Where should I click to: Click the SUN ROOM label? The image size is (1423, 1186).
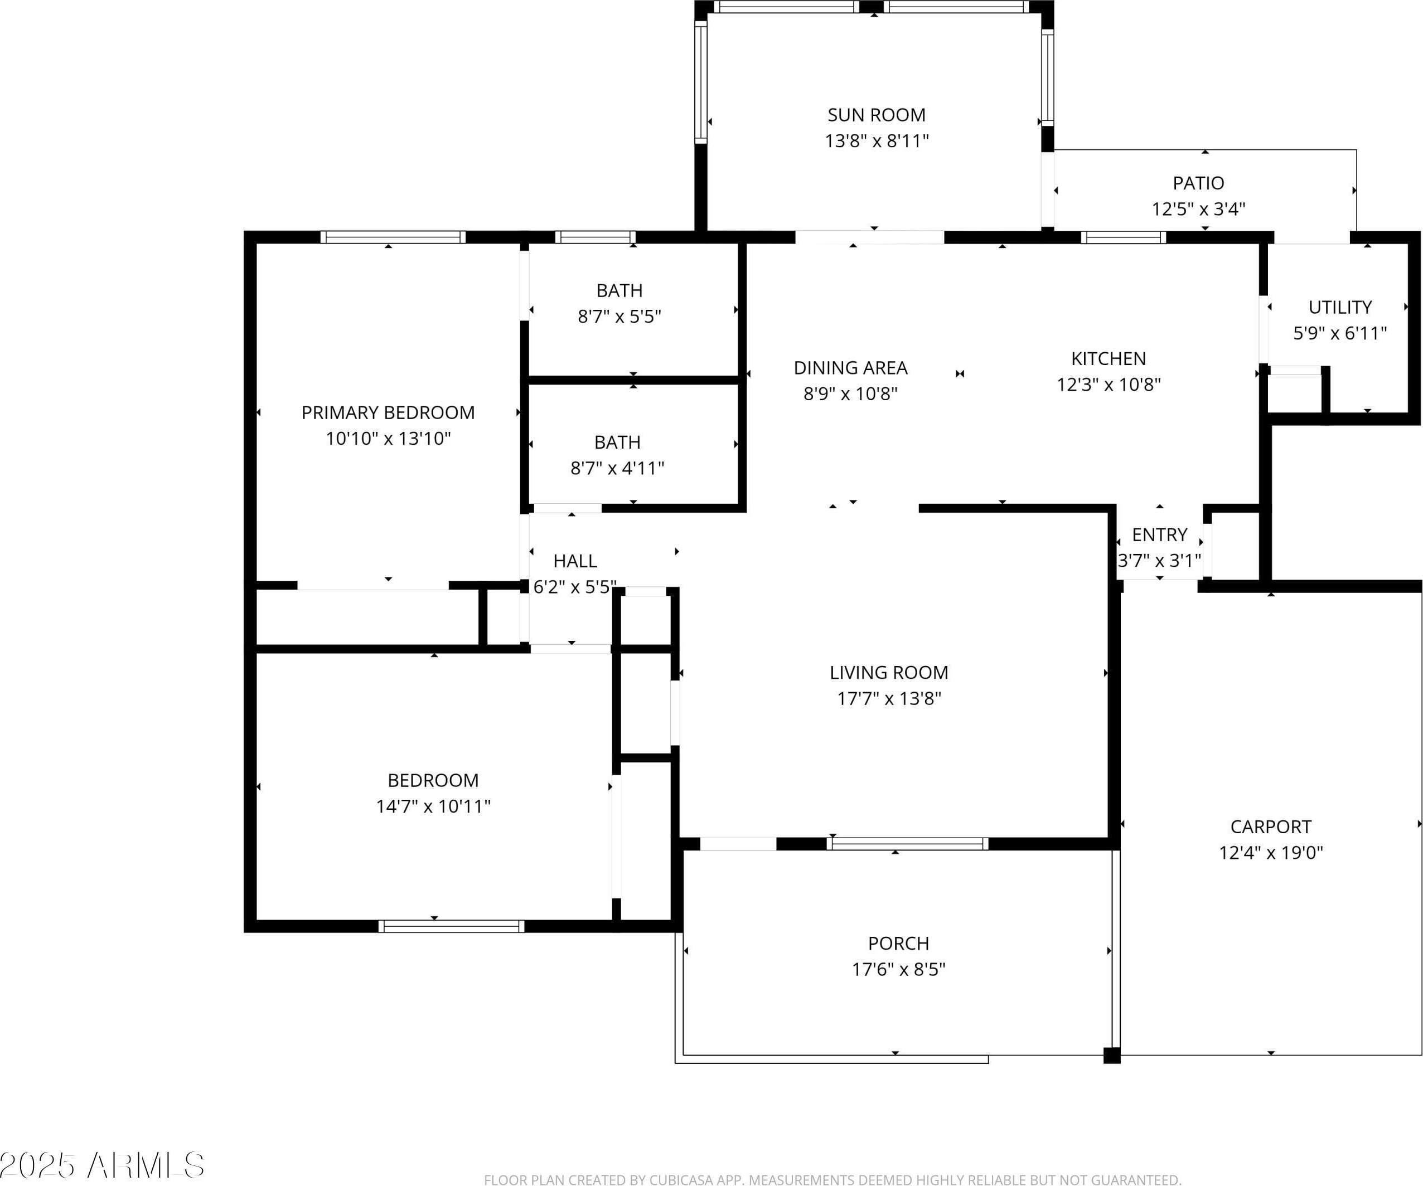(876, 115)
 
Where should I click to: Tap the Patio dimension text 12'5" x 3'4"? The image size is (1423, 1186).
(1198, 208)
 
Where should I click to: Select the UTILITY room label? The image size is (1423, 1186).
(1340, 308)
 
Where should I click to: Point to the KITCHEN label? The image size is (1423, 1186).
(1109, 359)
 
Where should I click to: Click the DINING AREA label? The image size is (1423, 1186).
(850, 368)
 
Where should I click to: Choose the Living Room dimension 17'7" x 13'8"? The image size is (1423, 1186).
(889, 698)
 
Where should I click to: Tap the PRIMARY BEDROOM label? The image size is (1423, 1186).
(388, 412)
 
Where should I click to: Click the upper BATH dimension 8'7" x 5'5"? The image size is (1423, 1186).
(619, 317)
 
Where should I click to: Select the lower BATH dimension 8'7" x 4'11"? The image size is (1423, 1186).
(617, 468)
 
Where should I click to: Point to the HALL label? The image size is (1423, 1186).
(575, 561)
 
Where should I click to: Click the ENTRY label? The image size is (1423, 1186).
(1159, 535)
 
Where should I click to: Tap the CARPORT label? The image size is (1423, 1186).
(1271, 827)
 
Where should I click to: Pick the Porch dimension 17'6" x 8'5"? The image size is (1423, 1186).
(898, 969)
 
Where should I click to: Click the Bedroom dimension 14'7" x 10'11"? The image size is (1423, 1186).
(433, 806)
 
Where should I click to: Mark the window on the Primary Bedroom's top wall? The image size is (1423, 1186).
(393, 237)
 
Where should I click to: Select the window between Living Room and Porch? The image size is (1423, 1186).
(907, 844)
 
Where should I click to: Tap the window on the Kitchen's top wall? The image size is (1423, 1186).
(1124, 237)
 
